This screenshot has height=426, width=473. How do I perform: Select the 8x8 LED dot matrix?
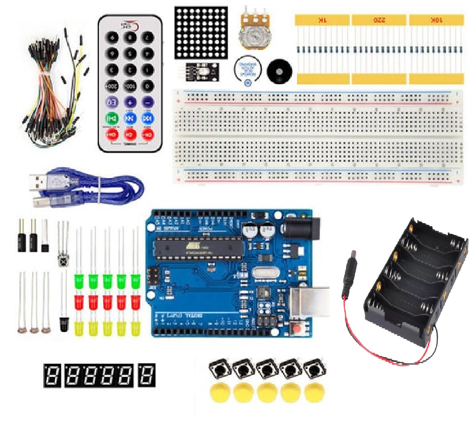click(200, 32)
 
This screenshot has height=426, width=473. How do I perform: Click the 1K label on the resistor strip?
click(322, 20)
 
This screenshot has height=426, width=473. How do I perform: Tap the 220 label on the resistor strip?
click(379, 20)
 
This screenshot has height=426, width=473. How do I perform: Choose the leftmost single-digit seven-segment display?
click(52, 375)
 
